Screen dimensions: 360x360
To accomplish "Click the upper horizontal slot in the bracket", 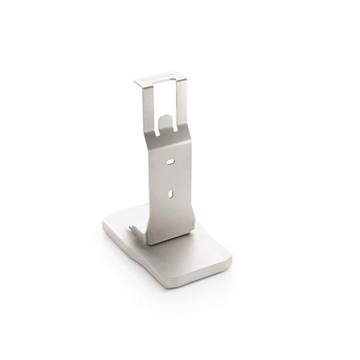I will [170, 162].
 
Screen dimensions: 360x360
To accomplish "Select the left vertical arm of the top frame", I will [140, 105].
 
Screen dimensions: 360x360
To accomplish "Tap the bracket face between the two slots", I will [171, 179].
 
